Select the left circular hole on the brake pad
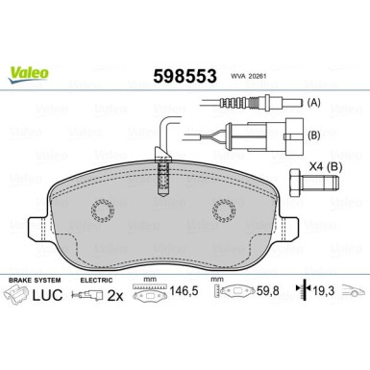(x=103, y=211)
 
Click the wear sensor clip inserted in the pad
(x=165, y=177)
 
